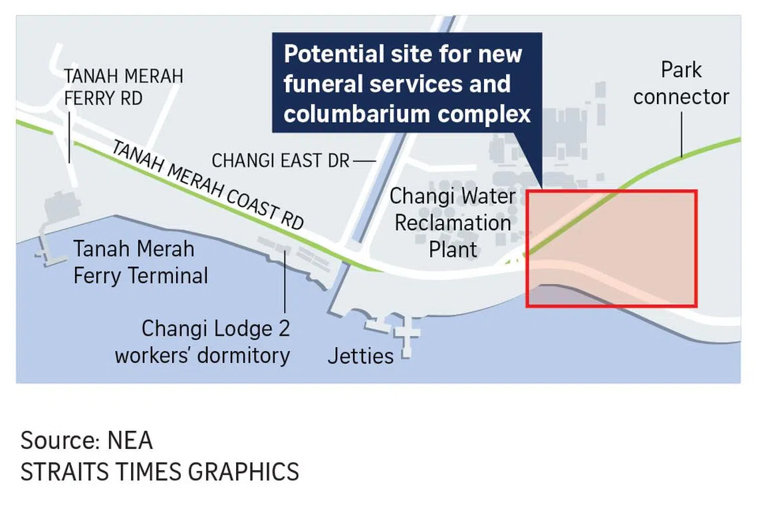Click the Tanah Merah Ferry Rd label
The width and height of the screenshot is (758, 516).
(124, 86)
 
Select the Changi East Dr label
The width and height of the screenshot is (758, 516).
(280, 161)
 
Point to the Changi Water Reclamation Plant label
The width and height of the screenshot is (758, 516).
(453, 223)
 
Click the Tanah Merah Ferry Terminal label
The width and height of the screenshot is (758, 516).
(140, 262)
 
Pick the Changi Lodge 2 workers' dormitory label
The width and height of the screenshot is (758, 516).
(202, 342)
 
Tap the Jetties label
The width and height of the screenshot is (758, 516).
(360, 356)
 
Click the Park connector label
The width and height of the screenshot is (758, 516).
(681, 83)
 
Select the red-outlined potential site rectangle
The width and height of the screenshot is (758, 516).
(611, 249)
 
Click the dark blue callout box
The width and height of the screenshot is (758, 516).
(406, 83)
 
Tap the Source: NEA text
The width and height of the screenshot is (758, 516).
(86, 440)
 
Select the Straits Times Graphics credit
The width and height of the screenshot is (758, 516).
(160, 471)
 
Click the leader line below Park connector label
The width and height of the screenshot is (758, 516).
(682, 132)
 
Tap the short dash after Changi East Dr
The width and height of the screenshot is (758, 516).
(364, 161)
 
